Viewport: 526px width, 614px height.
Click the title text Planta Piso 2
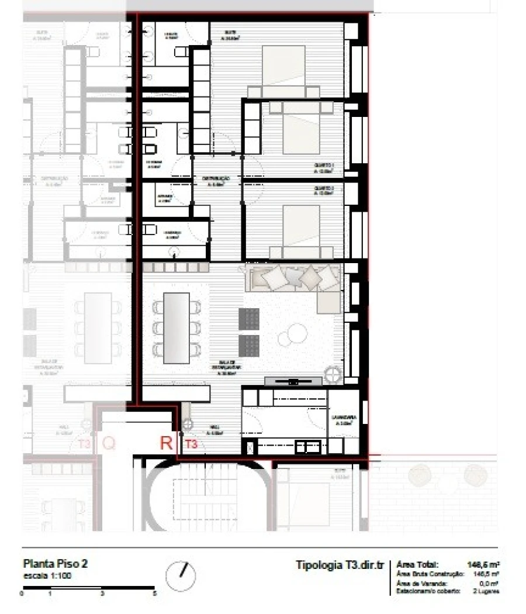click(55, 565)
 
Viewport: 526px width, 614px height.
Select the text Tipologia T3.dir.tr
click(340, 565)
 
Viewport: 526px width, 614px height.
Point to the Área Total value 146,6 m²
click(483, 565)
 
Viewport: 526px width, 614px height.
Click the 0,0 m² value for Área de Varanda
click(488, 583)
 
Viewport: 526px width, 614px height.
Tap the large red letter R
click(167, 443)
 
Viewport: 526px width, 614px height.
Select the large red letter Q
click(109, 443)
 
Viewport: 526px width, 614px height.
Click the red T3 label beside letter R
click(191, 445)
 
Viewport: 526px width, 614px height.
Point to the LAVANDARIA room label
click(341, 418)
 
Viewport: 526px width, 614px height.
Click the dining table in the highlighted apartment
click(177, 327)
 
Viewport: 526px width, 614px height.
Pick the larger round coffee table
click(297, 333)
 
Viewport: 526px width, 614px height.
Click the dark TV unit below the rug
click(293, 381)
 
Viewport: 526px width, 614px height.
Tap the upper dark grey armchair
click(248, 319)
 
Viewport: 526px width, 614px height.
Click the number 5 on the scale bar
click(154, 593)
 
